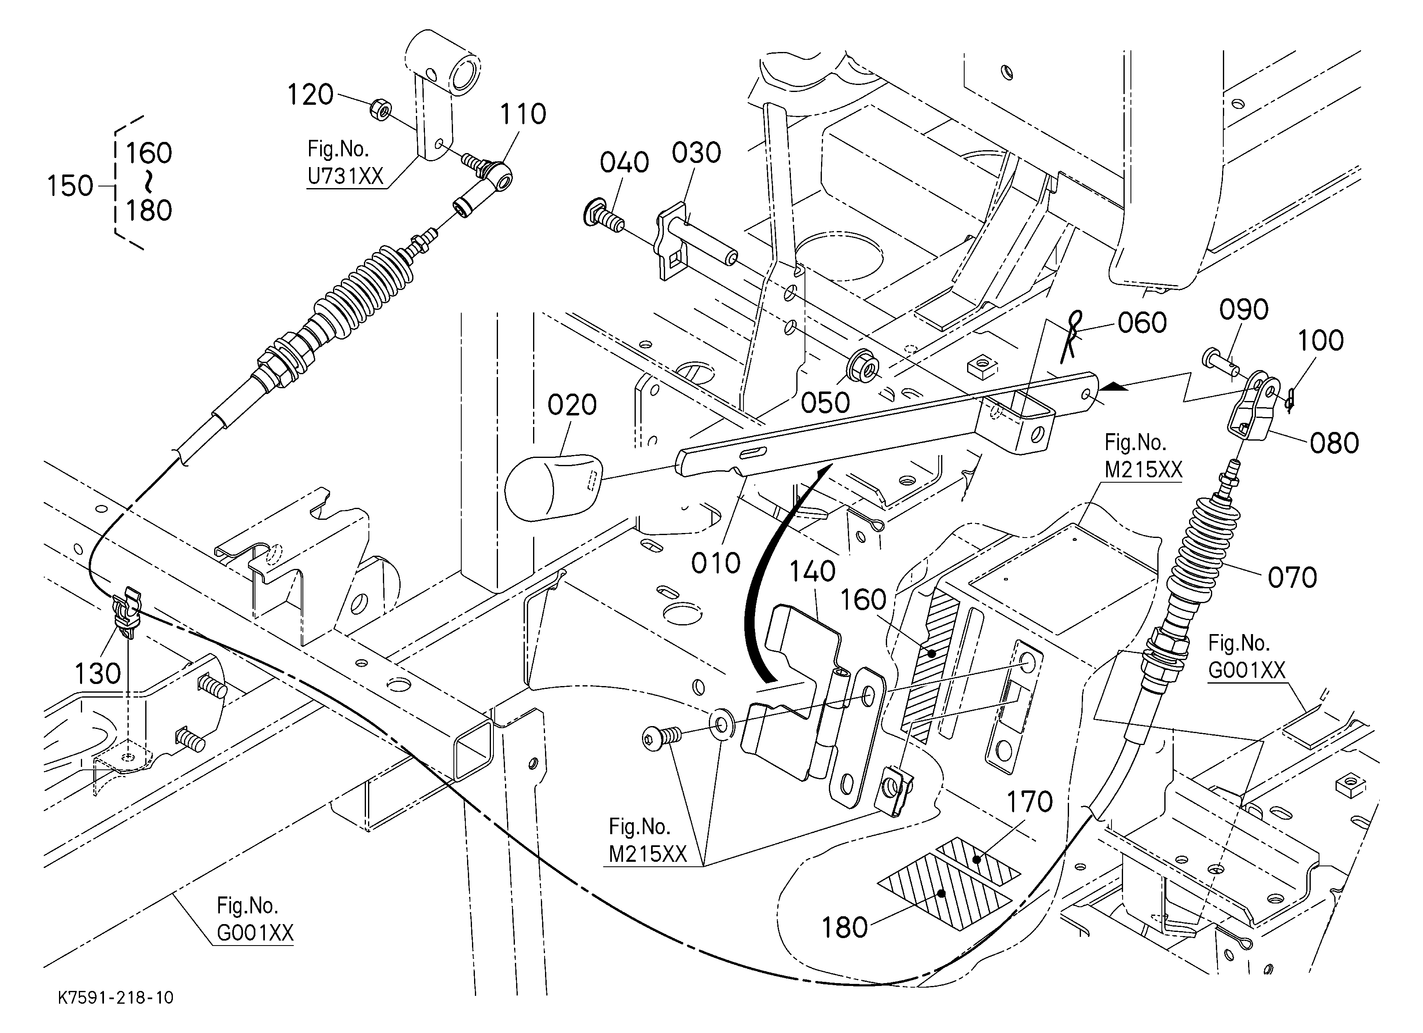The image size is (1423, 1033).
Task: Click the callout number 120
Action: pos(310,95)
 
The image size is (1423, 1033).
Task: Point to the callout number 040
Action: pos(624,163)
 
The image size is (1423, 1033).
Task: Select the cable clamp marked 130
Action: pos(127,613)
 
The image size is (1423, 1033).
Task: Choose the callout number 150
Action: pos(70,186)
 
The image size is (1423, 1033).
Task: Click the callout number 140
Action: pos(812,571)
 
